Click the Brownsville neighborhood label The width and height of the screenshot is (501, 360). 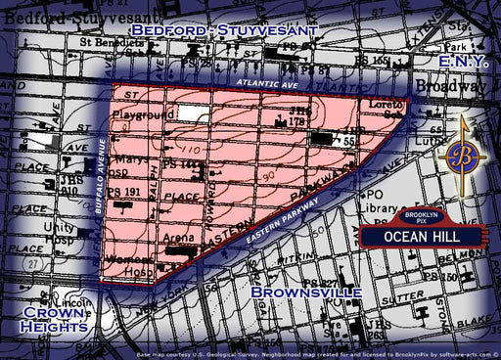305,292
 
